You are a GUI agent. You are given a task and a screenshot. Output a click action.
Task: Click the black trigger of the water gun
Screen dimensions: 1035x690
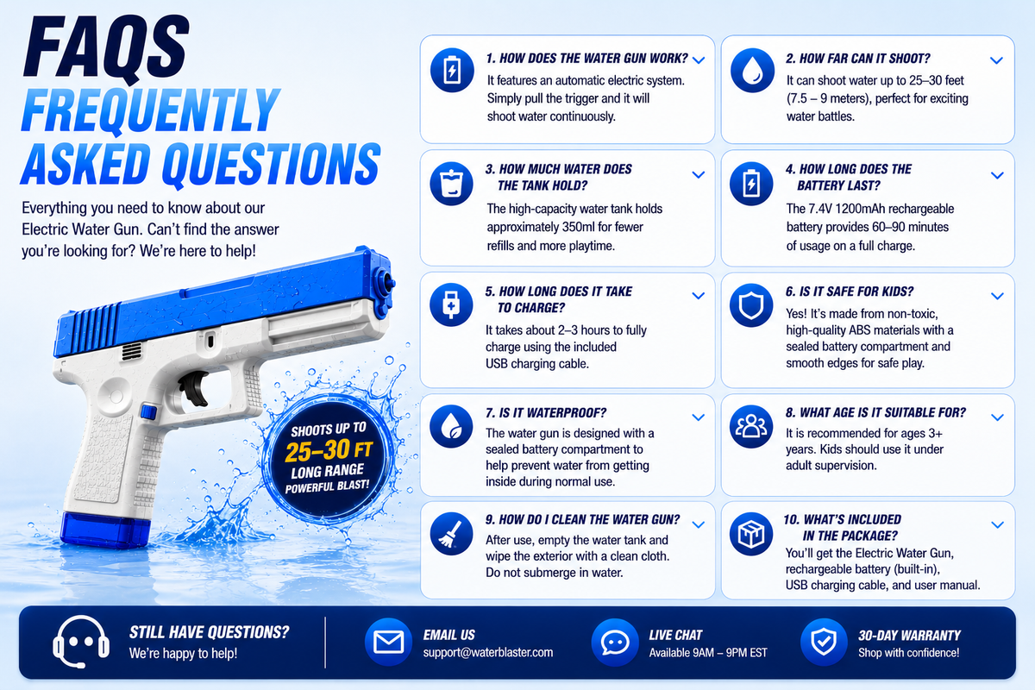click(x=195, y=387)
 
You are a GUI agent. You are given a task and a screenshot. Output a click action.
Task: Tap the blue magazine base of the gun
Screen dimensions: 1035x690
click(x=106, y=530)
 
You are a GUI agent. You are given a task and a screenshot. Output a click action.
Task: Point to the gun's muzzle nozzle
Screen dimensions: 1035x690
click(x=386, y=282)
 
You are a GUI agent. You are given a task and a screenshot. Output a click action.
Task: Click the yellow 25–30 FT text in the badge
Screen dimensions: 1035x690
click(x=329, y=449)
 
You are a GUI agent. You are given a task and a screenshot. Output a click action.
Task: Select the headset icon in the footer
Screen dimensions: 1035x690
click(x=81, y=642)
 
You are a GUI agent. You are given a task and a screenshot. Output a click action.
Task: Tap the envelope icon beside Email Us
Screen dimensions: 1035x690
click(x=388, y=642)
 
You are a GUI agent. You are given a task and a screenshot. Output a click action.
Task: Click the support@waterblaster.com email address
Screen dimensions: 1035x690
click(x=488, y=652)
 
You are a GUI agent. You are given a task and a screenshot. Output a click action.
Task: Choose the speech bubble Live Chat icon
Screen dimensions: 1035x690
click(x=614, y=642)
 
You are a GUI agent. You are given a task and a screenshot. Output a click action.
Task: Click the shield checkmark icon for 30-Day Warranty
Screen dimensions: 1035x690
click(x=824, y=642)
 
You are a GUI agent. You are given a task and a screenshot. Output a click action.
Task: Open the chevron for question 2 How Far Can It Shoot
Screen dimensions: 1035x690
click(x=997, y=60)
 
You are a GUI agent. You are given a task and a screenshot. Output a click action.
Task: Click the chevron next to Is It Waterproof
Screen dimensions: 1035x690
click(x=698, y=417)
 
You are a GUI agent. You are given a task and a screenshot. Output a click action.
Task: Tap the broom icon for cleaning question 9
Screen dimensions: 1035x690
click(x=451, y=533)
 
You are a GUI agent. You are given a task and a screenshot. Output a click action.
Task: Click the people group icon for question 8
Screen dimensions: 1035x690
click(x=751, y=426)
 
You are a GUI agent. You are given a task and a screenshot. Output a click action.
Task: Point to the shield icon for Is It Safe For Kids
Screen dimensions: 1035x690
click(x=751, y=305)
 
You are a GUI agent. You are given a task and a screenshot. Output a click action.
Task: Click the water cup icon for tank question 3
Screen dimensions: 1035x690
click(x=451, y=184)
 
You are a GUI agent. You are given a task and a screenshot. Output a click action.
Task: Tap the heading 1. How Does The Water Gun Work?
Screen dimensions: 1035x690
click(x=586, y=59)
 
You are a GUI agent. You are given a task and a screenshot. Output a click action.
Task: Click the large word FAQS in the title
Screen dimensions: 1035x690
click(x=106, y=47)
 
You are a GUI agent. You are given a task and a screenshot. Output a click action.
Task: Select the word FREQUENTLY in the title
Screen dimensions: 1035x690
click(x=150, y=111)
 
